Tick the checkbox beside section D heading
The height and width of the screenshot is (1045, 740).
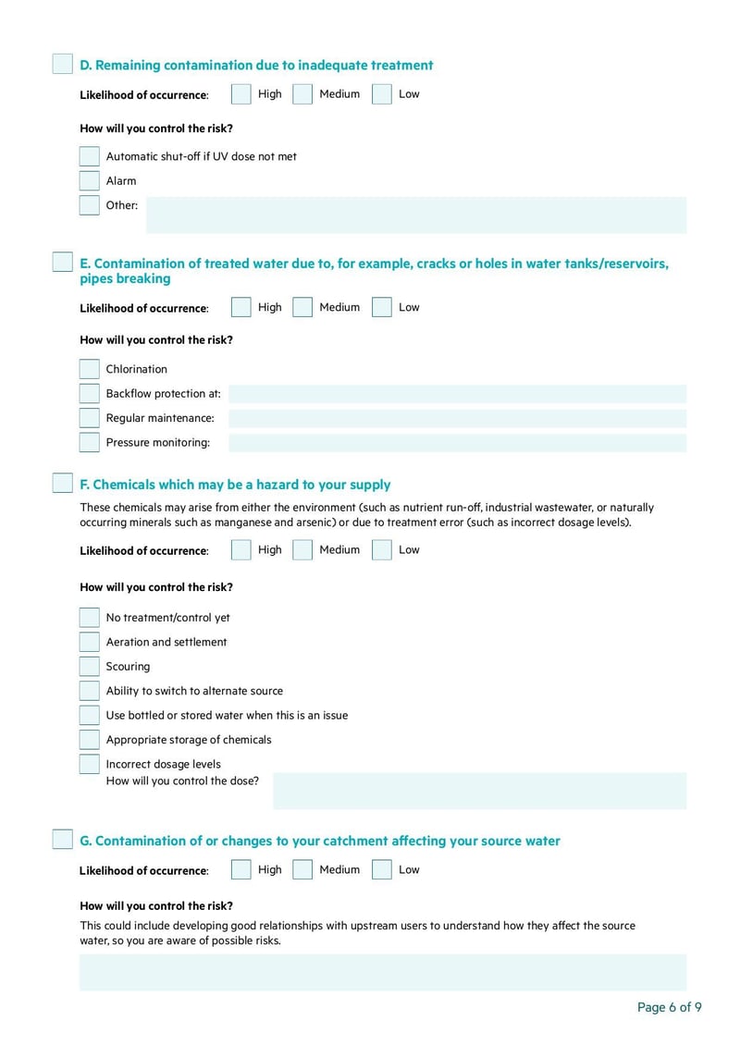(x=62, y=64)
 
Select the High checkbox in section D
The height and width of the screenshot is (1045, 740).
(x=240, y=94)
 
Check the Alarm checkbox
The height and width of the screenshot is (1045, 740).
(x=89, y=181)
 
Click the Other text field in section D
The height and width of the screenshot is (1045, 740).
(x=416, y=215)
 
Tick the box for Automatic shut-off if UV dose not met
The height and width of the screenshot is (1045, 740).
(x=89, y=156)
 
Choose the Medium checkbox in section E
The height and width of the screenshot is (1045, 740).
(x=302, y=307)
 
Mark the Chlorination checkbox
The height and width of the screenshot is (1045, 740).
(x=89, y=369)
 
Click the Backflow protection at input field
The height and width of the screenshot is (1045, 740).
(x=457, y=394)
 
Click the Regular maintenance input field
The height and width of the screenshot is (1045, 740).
(x=457, y=418)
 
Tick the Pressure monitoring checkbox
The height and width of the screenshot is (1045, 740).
(x=89, y=442)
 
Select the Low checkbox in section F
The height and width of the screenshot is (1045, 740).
(x=382, y=550)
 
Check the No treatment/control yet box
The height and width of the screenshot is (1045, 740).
(x=89, y=618)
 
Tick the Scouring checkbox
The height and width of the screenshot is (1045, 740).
(x=89, y=667)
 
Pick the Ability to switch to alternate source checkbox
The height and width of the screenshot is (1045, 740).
(x=89, y=691)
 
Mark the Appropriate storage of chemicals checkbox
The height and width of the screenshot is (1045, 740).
(x=89, y=740)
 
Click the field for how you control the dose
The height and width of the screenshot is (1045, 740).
(x=479, y=791)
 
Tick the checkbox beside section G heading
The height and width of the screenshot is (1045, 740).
(x=62, y=840)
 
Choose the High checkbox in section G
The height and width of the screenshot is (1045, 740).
(x=240, y=869)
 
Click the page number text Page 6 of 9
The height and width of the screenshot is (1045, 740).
(x=669, y=1007)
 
